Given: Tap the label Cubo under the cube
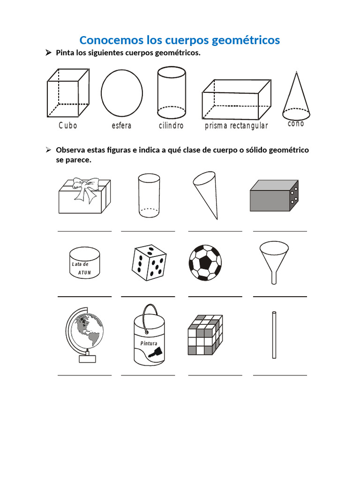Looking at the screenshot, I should tap(68, 126).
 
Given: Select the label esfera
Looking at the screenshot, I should tap(121, 126).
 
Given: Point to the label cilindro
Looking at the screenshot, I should tap(171, 126).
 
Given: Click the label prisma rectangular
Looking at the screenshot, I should tap(236, 126).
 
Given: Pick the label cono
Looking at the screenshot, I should tap(296, 124).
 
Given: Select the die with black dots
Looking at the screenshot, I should tap(148, 262).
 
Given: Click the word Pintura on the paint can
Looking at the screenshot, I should tap(149, 343).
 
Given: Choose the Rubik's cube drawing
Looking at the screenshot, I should tap(205, 335).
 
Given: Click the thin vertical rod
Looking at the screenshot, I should tap(274, 336).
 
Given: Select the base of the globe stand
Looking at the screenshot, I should tap(87, 359).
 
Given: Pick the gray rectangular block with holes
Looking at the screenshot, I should tap(274, 195).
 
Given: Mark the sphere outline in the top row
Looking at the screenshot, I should tap(122, 93).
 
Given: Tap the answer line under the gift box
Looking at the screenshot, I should tap(84, 231).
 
